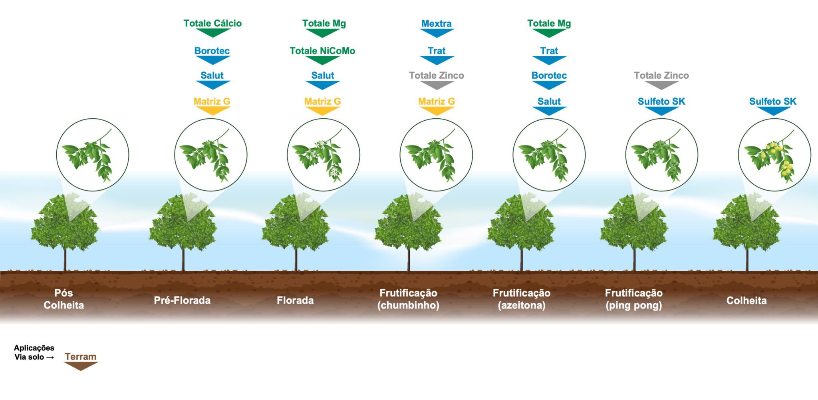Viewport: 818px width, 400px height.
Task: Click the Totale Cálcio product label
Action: tap(212, 23)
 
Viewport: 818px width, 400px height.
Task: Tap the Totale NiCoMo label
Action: tap(322, 51)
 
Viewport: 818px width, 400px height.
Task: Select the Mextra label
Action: tap(437, 24)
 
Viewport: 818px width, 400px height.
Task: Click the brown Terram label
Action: tap(81, 356)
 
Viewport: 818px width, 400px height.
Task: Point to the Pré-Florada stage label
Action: tap(182, 300)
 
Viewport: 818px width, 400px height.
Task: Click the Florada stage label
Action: tap(295, 300)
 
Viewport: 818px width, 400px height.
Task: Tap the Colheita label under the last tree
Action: tap(746, 300)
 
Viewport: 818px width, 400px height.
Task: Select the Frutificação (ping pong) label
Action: tap(633, 299)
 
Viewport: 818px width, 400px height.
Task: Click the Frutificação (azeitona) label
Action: tap(521, 299)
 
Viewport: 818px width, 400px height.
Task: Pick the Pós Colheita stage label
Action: tap(64, 299)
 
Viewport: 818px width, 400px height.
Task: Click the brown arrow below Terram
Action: tap(81, 366)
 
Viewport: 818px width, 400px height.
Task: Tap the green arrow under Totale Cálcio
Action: tap(213, 33)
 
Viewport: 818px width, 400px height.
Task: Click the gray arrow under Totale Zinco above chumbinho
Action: tap(437, 85)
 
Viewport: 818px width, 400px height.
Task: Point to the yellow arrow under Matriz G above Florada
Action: tap(322, 111)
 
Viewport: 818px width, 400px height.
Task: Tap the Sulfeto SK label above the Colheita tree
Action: tap(772, 101)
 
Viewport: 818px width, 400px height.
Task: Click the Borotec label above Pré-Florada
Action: tap(212, 51)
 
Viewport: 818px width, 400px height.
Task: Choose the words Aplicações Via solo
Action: tap(34, 352)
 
